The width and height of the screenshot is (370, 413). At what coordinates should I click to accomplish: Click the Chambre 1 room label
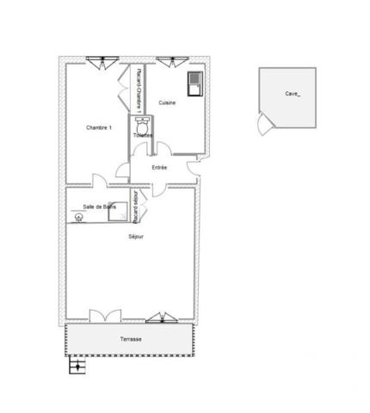point(98,127)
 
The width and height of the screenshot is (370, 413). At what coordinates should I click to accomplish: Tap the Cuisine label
point(168,103)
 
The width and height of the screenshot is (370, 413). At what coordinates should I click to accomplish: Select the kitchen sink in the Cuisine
point(194,83)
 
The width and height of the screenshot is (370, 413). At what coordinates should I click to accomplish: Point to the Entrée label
point(159,167)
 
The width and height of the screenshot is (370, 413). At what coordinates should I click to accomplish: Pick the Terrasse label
point(131,339)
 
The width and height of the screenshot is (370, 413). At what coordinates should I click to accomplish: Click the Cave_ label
point(293,93)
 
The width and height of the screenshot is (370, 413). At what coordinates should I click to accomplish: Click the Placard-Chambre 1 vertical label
point(139,88)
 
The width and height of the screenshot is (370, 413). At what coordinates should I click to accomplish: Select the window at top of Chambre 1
point(104,60)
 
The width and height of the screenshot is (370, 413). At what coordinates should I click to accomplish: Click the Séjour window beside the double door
point(161,318)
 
